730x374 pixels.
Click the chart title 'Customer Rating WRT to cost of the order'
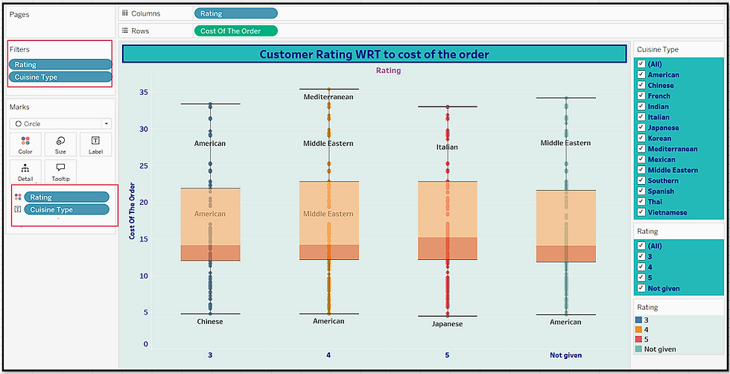click(374, 54)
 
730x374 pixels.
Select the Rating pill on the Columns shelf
click(235, 13)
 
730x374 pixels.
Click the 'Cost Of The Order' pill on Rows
click(235, 31)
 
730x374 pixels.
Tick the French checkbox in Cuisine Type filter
click(641, 96)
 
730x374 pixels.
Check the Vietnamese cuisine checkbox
click(641, 212)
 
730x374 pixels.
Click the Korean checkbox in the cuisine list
click(641, 139)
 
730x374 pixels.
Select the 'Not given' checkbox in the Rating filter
click(641, 288)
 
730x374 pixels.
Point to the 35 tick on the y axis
click(143, 92)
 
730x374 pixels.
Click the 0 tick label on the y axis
click(145, 344)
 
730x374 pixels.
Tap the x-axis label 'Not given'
click(565, 355)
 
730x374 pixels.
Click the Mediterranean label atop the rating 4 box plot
click(328, 98)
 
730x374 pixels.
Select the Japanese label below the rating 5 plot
click(447, 324)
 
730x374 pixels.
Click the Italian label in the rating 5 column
click(447, 148)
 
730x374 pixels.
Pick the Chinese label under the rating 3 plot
click(210, 322)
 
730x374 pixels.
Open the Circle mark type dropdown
click(107, 124)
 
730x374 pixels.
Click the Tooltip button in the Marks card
click(60, 171)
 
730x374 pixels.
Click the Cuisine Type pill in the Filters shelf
click(60, 77)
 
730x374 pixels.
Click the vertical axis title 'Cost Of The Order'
click(132, 211)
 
